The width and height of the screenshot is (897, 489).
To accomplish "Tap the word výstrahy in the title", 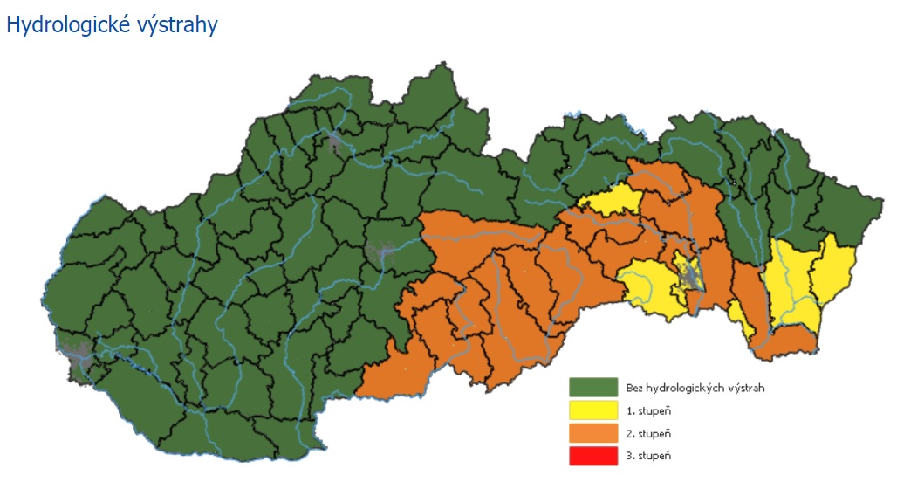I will (x=177, y=24).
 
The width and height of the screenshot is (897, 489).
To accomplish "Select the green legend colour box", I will (x=592, y=387).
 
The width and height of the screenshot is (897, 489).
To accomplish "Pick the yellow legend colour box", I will (x=592, y=410).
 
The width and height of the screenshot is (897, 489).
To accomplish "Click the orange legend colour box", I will (x=592, y=432).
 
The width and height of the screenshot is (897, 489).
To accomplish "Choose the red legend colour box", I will (x=592, y=455).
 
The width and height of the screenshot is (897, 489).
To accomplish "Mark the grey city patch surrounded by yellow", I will (x=691, y=276).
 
